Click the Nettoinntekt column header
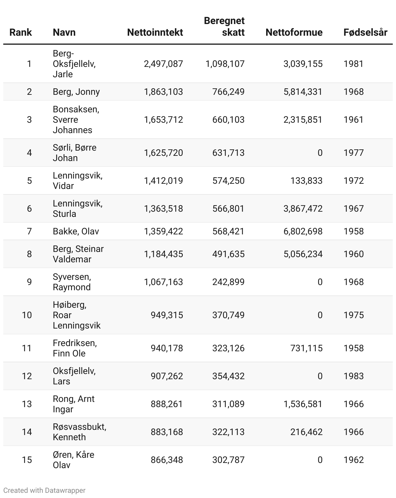[155, 32]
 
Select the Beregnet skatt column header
[224, 27]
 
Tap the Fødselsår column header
[365, 32]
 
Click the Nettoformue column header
[294, 32]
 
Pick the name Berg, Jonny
[76, 92]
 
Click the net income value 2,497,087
[163, 64]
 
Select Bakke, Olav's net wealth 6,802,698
[303, 231]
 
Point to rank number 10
[27, 315]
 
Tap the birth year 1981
[353, 64]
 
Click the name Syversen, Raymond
[72, 282]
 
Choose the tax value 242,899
[228, 282]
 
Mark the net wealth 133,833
[306, 181]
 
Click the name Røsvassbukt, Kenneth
[80, 432]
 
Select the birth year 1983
[353, 376]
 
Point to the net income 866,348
[167, 460]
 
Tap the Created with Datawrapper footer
[44, 491]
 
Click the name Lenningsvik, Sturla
[78, 209]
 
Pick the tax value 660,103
[228, 120]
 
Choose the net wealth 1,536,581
[303, 404]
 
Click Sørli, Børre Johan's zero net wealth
[320, 153]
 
